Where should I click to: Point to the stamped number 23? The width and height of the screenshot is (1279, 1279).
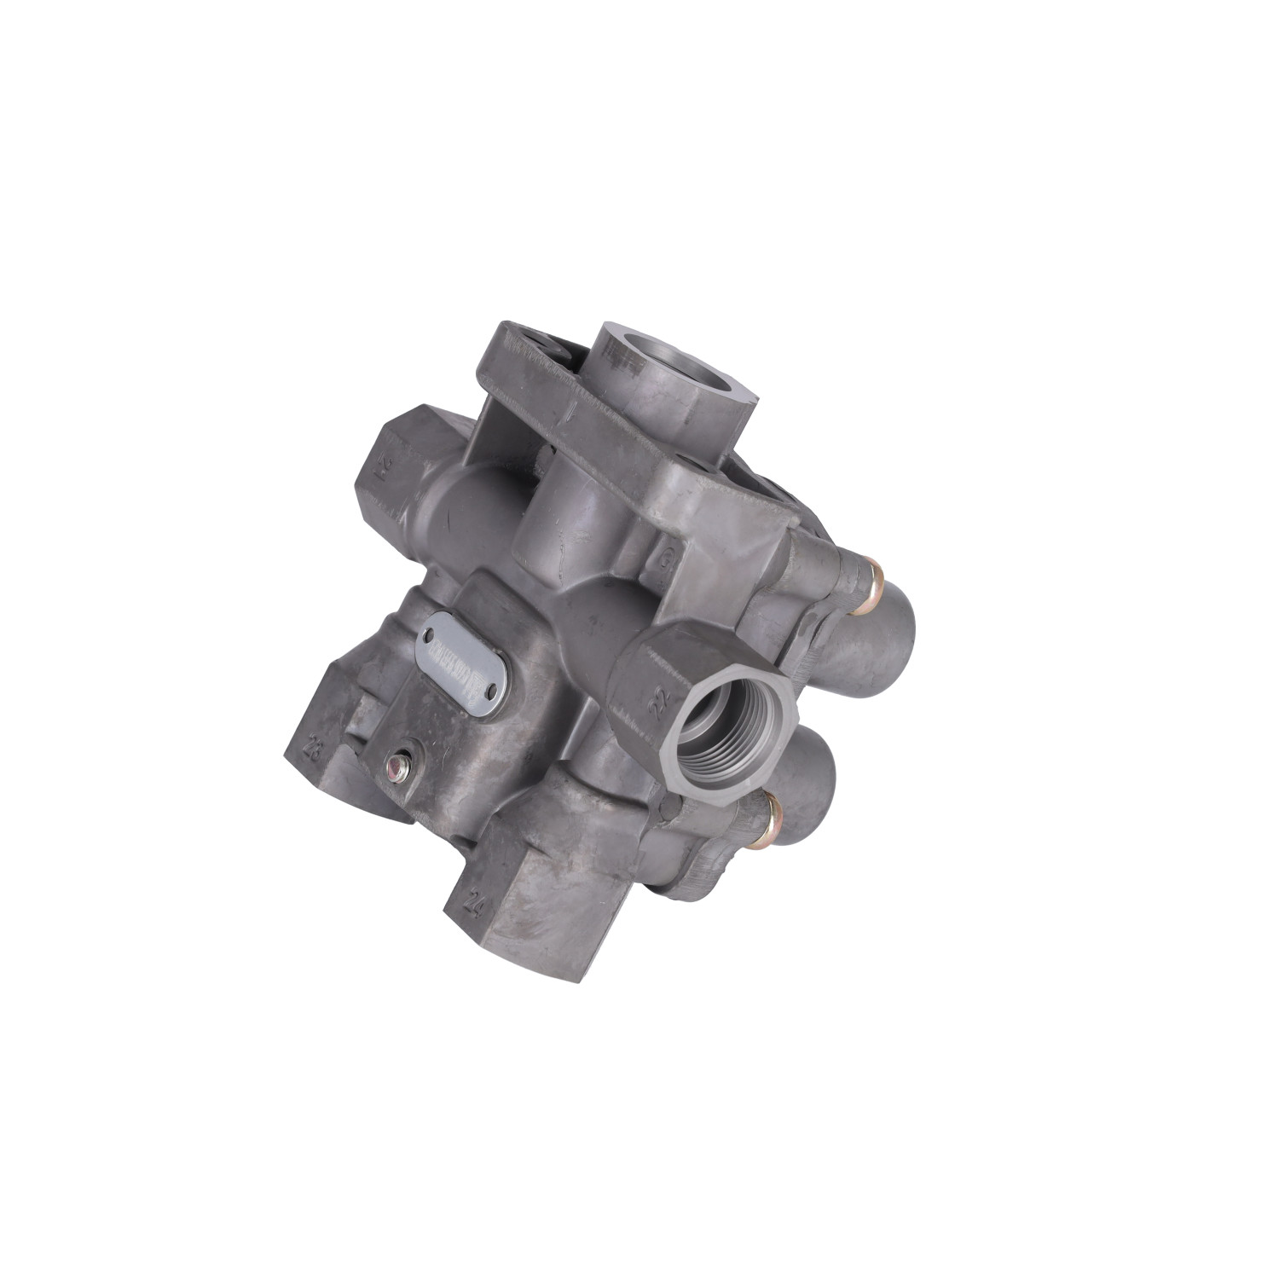(x=315, y=750)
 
